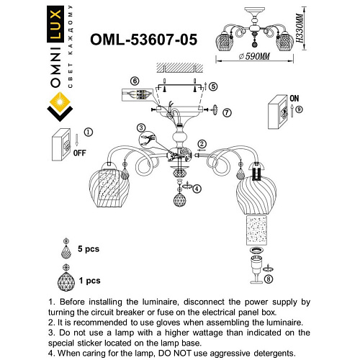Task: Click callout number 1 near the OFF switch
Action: coord(89,132)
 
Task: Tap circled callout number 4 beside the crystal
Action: coord(197,189)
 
